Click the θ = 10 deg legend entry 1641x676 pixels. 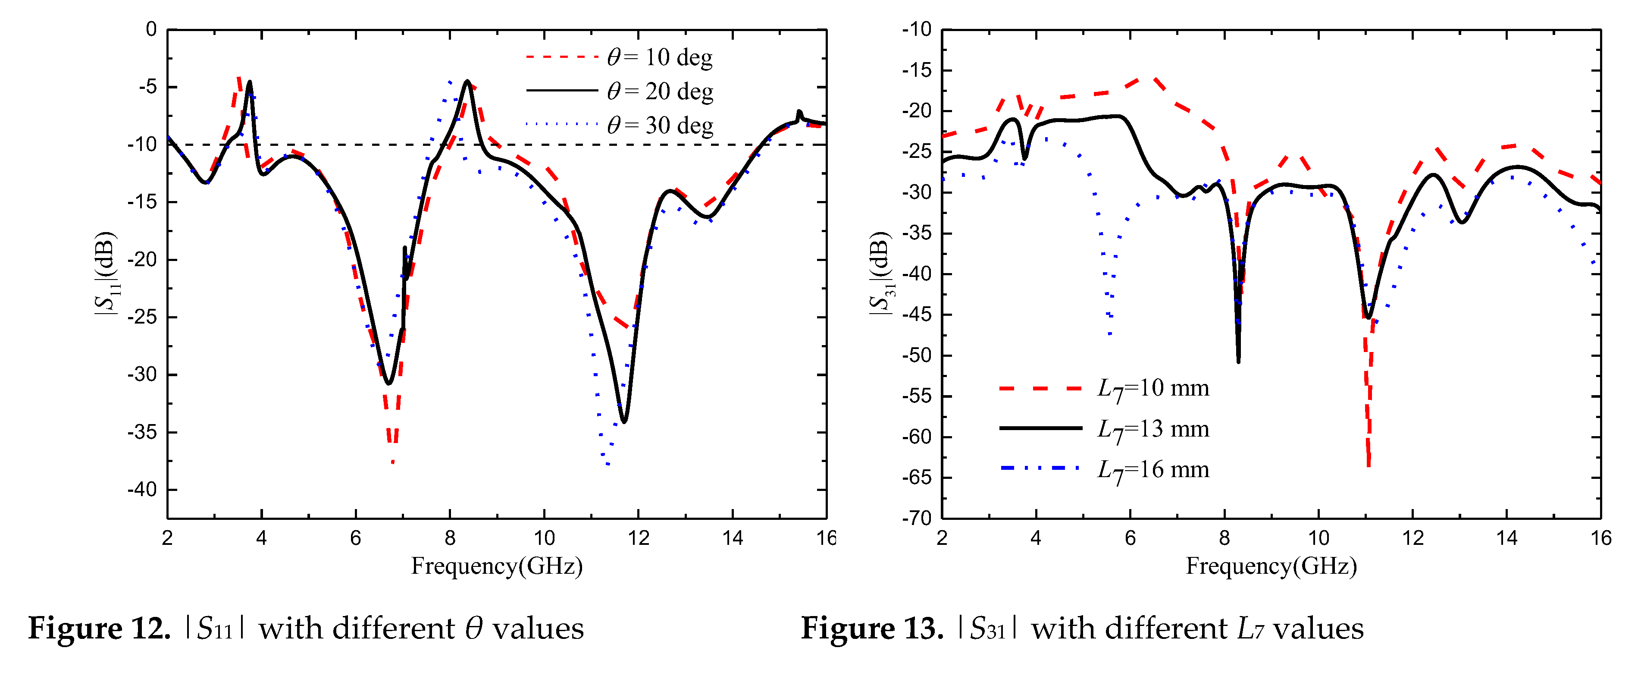tap(659, 57)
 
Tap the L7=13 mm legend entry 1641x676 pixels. tap(1152, 429)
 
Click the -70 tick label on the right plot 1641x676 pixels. tap(916, 518)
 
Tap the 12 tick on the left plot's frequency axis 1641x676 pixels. tap(638, 538)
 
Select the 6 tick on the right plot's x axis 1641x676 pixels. tap(1130, 538)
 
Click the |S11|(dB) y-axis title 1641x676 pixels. tap(106, 274)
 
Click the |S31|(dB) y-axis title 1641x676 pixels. tap(881, 274)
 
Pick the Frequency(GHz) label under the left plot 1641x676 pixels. tap(496, 566)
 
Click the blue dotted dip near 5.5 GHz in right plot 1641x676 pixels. tap(1110, 333)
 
